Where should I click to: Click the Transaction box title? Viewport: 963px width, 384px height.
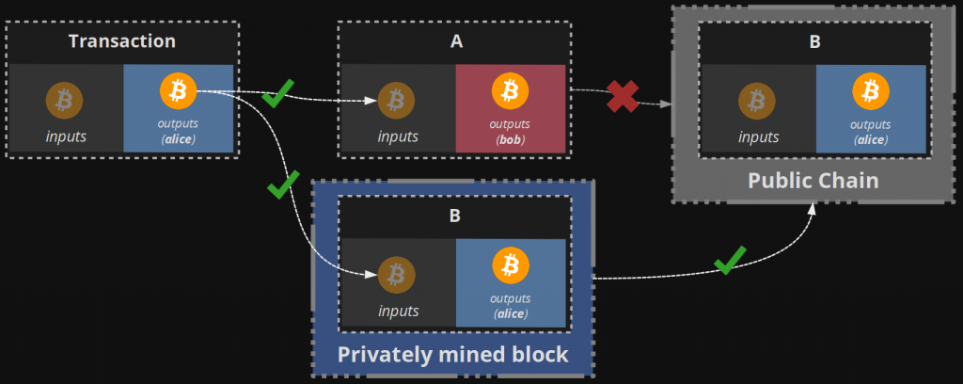(122, 41)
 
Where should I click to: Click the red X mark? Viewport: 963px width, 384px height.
(622, 95)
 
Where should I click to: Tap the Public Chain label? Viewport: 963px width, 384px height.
(813, 180)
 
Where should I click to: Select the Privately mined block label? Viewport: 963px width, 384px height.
(453, 354)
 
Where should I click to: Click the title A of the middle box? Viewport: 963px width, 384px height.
(456, 41)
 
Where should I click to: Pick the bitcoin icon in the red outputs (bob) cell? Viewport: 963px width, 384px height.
(511, 91)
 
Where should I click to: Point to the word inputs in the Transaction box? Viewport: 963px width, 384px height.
(66, 136)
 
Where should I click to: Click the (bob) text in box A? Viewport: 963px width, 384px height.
(511, 139)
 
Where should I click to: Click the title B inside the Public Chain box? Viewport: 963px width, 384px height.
(814, 41)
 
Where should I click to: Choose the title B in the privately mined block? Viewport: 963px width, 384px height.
(455, 216)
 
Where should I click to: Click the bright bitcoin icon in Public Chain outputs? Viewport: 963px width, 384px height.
(871, 92)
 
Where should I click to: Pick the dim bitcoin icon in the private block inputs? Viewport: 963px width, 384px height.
(396, 275)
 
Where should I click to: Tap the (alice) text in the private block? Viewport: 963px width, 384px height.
(510, 313)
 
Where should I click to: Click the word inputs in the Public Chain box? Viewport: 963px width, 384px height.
(758, 136)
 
